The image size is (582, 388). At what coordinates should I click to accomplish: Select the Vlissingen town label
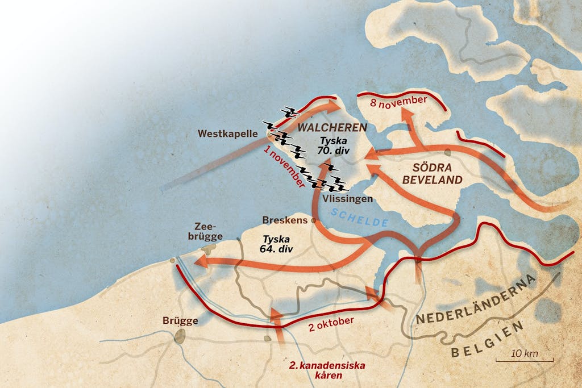[x=347, y=199]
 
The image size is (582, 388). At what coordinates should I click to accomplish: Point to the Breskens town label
[x=284, y=220]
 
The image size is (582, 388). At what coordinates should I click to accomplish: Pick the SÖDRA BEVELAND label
[x=439, y=174]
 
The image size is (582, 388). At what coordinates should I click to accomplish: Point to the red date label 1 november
[x=284, y=167]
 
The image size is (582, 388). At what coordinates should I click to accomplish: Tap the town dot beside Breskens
[x=312, y=220]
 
